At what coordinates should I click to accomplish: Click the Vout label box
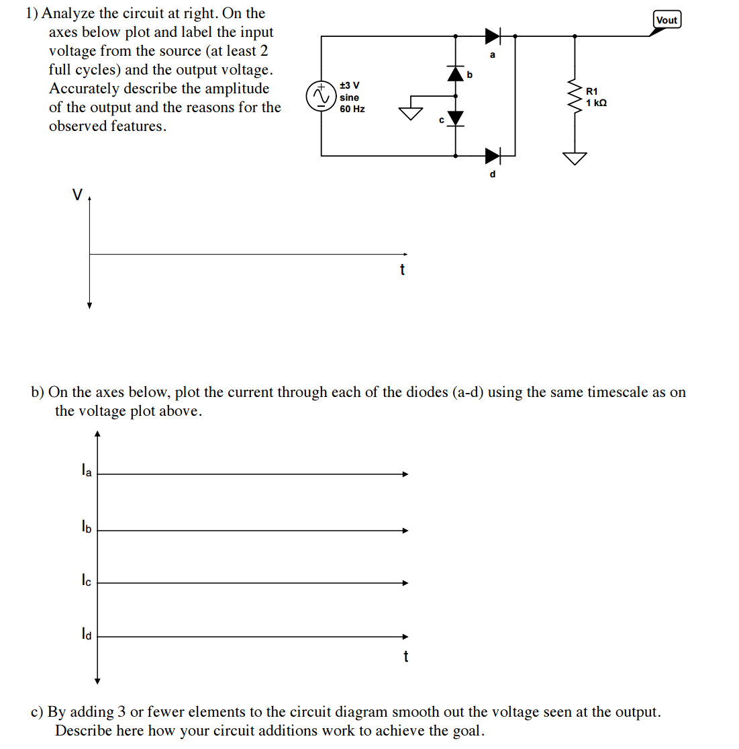coord(667,20)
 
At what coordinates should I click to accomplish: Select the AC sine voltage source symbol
coord(321,96)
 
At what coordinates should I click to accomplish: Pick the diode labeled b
coord(456,73)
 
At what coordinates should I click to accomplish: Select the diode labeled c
coord(456,118)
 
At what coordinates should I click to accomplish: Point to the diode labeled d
coord(493,156)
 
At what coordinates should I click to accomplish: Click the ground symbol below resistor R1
coord(575,158)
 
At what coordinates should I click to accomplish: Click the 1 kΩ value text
coord(596,103)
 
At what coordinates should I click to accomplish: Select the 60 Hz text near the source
coord(352,109)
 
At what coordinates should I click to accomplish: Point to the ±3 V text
coord(349,85)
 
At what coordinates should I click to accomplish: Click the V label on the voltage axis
coord(77,195)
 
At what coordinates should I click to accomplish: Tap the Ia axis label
coord(86,471)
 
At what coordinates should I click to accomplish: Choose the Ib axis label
coord(86,527)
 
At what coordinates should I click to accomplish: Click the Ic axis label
coord(86,580)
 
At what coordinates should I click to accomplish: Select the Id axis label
coord(86,633)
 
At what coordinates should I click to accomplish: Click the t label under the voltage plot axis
coord(402,270)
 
